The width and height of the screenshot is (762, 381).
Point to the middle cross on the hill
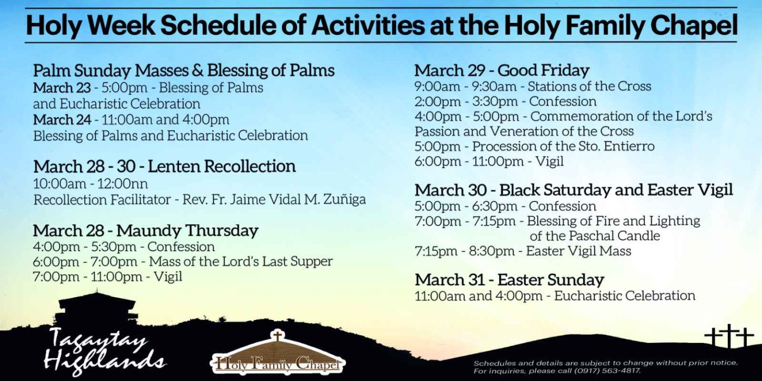[729, 335]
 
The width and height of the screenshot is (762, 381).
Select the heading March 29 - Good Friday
[502, 70]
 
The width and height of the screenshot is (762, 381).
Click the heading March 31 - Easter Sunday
[509, 280]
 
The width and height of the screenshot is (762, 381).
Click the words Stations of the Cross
[589, 86]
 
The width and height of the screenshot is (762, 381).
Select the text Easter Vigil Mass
[578, 251]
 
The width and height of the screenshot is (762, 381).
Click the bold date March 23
[62, 88]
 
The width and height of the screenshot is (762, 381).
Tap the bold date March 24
[62, 120]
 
